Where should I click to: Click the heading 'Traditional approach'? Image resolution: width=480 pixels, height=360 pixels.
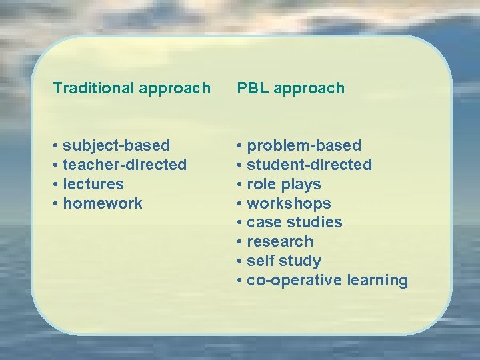tap(132, 88)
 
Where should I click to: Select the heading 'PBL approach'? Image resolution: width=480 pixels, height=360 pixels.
tap(291, 88)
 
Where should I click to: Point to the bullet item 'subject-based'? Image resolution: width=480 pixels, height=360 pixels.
tap(116, 145)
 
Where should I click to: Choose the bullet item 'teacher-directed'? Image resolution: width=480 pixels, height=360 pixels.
tap(124, 165)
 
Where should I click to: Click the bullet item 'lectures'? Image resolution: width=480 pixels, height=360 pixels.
tap(93, 184)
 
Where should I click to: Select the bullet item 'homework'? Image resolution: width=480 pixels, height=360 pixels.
tap(102, 203)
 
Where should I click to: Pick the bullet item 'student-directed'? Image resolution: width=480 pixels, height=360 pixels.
tap(309, 165)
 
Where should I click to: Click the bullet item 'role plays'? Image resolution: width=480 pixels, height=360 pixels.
tap(283, 184)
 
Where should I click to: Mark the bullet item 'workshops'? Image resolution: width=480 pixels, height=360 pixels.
tap(288, 203)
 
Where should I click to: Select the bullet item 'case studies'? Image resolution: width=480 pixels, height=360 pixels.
tap(294, 222)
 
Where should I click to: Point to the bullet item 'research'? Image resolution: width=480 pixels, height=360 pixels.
tap(279, 241)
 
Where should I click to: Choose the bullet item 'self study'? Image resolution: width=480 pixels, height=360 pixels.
tap(283, 261)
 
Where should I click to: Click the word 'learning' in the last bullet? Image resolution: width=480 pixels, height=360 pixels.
tap(377, 280)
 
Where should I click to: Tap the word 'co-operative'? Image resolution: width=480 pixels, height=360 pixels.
tap(294, 280)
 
